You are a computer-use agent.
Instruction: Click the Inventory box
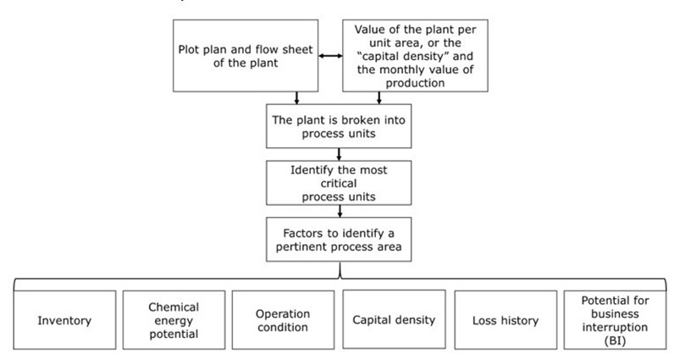pyautogui.click(x=64, y=321)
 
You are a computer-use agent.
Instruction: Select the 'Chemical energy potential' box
pyautogui.click(x=174, y=321)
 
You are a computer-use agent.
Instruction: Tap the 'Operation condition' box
pyautogui.click(x=283, y=321)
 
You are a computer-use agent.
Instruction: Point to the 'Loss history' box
pyautogui.click(x=505, y=321)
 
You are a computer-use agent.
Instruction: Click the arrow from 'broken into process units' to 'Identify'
pyautogui.click(x=340, y=153)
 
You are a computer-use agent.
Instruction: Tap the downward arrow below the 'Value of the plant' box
pyautogui.click(x=379, y=99)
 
